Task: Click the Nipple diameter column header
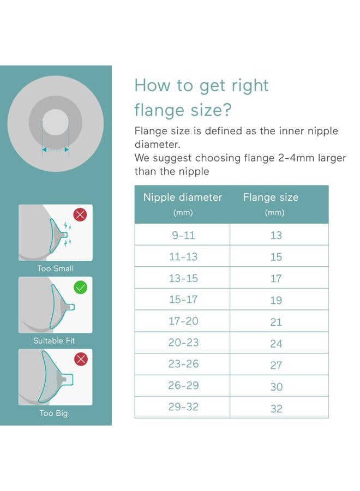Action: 183,197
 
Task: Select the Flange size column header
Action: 271,197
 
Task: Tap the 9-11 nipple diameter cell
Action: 183,235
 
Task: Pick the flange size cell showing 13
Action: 276,236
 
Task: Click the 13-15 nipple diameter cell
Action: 183,278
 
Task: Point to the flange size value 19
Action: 276,300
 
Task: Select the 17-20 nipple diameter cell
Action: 183,321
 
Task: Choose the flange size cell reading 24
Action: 276,344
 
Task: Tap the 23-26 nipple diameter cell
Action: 183,364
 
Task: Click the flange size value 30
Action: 276,387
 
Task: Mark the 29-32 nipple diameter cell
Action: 183,408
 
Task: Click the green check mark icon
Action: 80,287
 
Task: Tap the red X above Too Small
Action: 80,214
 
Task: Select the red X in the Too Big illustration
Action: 80,359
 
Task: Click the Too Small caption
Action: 55,268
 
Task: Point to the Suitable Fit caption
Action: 54,341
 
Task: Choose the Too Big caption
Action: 53,414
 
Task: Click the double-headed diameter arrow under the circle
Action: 56,149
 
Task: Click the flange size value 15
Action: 276,257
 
